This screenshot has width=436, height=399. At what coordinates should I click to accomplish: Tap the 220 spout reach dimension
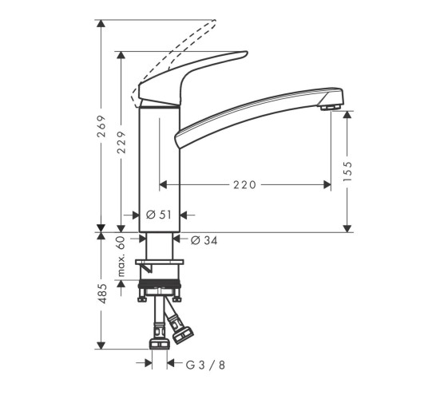point(244,185)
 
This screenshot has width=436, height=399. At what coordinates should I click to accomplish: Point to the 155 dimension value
point(347,171)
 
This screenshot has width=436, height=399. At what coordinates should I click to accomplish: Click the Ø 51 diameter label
point(161,214)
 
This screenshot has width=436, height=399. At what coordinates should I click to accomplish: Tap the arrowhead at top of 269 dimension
point(101,24)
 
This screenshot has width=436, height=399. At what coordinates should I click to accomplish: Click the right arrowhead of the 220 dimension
point(327,185)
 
